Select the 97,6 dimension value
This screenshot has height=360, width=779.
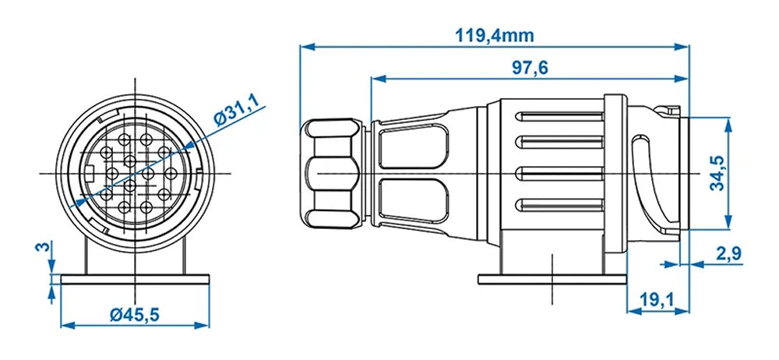pos(530,68)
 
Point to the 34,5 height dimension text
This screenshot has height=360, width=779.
pos(718,173)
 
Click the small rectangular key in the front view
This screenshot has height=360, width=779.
pos(91,173)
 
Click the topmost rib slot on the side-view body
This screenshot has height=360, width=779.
pos(560,117)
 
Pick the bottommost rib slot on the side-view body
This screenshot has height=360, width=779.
pos(560,206)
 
